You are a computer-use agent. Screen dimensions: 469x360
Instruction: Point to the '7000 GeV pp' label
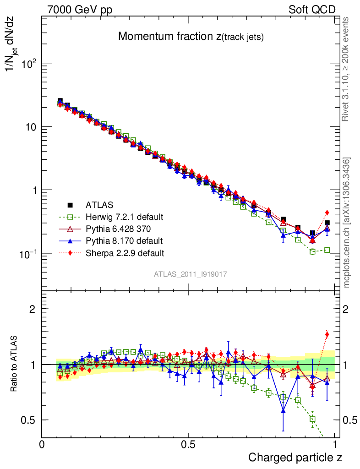80,10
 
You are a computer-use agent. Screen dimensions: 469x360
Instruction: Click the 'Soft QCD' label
312,10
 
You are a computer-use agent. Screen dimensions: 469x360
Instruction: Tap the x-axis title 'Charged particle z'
295,457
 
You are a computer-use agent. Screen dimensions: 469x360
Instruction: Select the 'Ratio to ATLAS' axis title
14,364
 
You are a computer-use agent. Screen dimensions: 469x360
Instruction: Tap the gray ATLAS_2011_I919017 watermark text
191,274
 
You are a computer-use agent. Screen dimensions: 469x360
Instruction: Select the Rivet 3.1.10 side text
347,70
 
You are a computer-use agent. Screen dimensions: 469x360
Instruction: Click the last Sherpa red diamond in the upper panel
327,213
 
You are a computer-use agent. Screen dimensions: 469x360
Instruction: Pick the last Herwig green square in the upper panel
327,250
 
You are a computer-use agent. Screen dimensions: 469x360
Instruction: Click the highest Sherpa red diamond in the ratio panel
327,334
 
